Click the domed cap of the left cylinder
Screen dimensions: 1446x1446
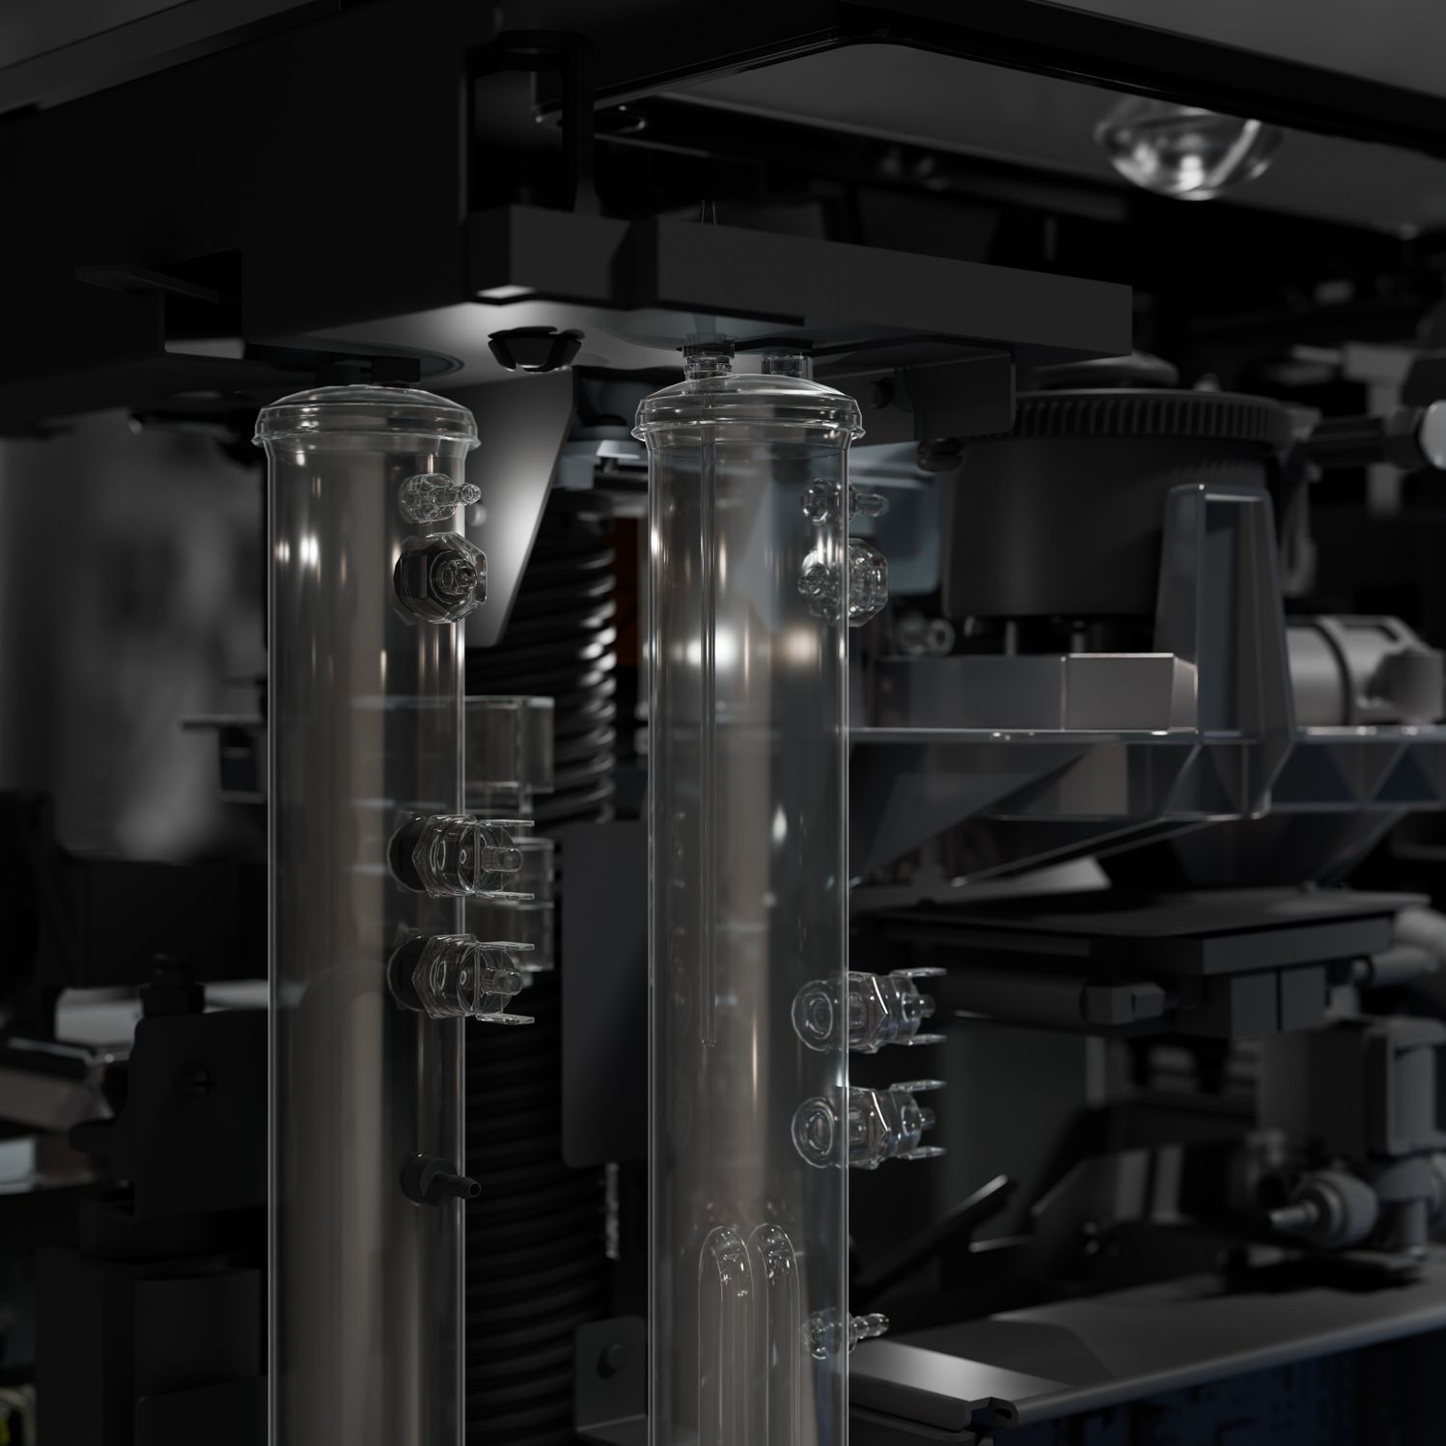pos(365,420)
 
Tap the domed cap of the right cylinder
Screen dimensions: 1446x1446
pos(745,403)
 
